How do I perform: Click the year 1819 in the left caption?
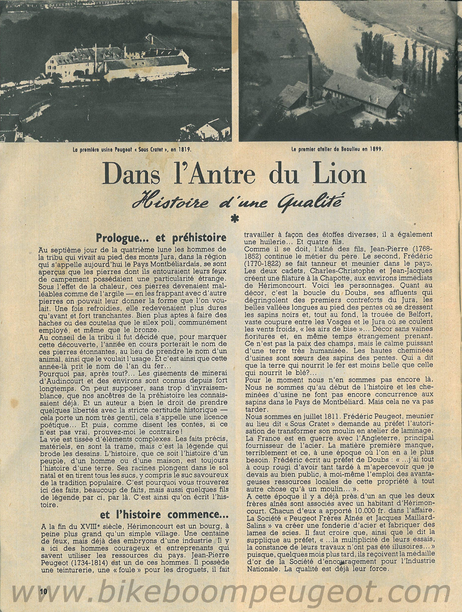click(x=183, y=150)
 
